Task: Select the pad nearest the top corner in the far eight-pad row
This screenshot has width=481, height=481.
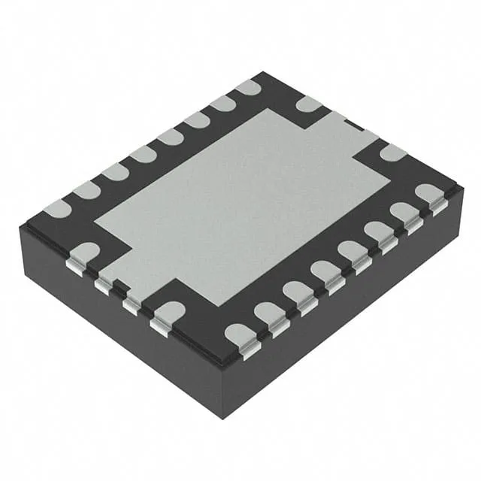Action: (x=247, y=88)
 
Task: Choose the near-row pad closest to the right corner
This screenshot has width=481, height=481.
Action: (x=431, y=193)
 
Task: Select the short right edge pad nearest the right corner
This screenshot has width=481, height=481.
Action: (x=392, y=153)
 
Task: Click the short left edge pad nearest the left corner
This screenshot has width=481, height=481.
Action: (x=85, y=252)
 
